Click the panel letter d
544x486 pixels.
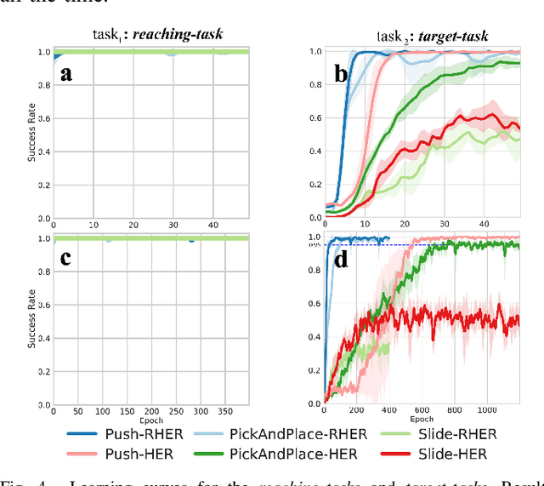tap(341, 258)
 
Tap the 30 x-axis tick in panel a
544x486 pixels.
tap(173, 225)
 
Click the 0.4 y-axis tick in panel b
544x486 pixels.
tap(293, 152)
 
